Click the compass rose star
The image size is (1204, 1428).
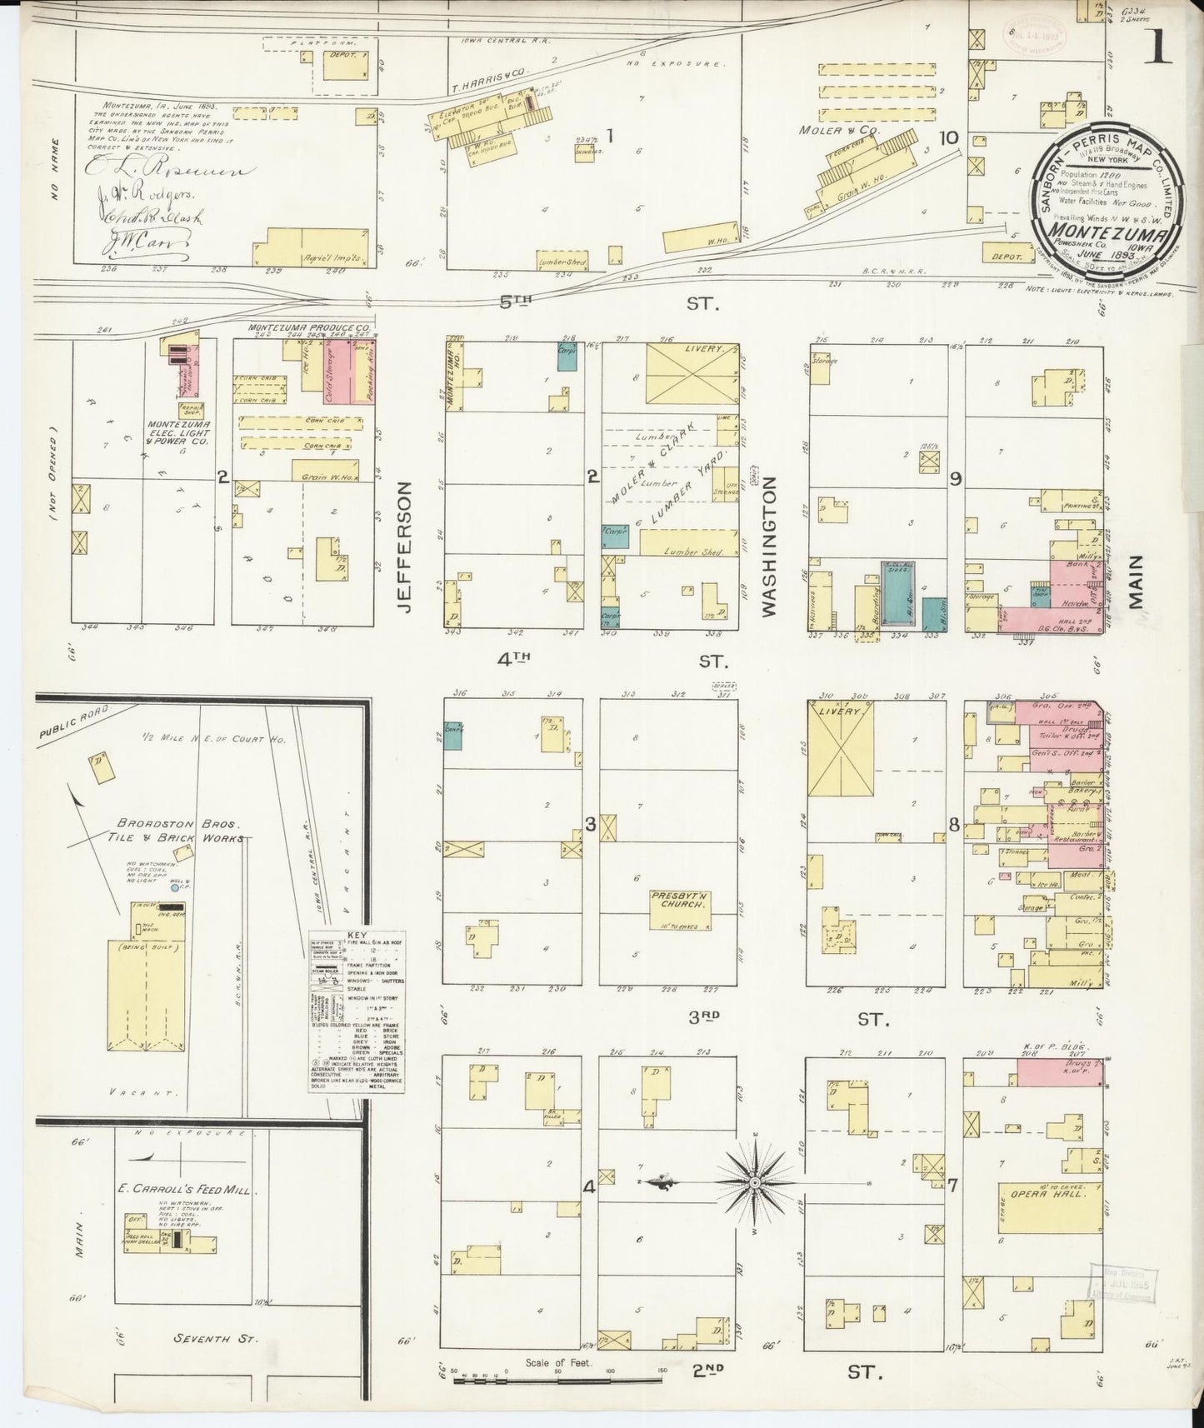pyautogui.click(x=754, y=1181)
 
